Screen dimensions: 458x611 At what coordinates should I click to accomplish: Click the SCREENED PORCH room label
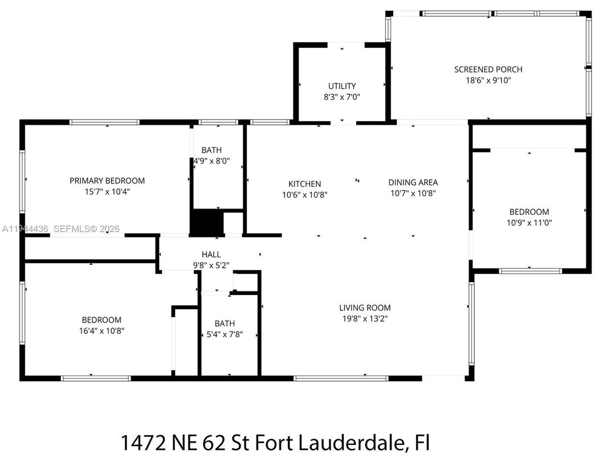(488, 69)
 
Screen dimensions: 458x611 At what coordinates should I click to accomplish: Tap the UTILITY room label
(342, 86)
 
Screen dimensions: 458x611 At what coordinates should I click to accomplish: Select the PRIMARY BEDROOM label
(107, 181)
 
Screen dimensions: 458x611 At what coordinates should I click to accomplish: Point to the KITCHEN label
(304, 184)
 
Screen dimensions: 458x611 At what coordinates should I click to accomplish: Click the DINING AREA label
(413, 182)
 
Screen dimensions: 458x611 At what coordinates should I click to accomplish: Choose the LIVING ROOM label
(365, 308)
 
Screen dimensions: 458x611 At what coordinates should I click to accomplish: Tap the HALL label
(211, 255)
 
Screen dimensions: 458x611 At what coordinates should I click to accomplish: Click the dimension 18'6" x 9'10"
(488, 81)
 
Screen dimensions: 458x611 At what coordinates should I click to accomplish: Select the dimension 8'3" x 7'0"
(342, 97)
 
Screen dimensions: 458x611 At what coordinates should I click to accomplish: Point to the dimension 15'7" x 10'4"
(107, 192)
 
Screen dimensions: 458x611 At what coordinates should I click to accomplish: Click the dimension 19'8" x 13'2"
(365, 319)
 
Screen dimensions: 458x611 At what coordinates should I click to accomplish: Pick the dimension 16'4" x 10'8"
(101, 330)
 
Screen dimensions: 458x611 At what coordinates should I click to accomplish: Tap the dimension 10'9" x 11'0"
(529, 223)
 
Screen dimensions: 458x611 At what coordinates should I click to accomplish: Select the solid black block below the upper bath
(206, 223)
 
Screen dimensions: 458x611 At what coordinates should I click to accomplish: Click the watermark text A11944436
(26, 229)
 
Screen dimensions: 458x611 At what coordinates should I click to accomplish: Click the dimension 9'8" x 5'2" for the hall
(211, 265)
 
